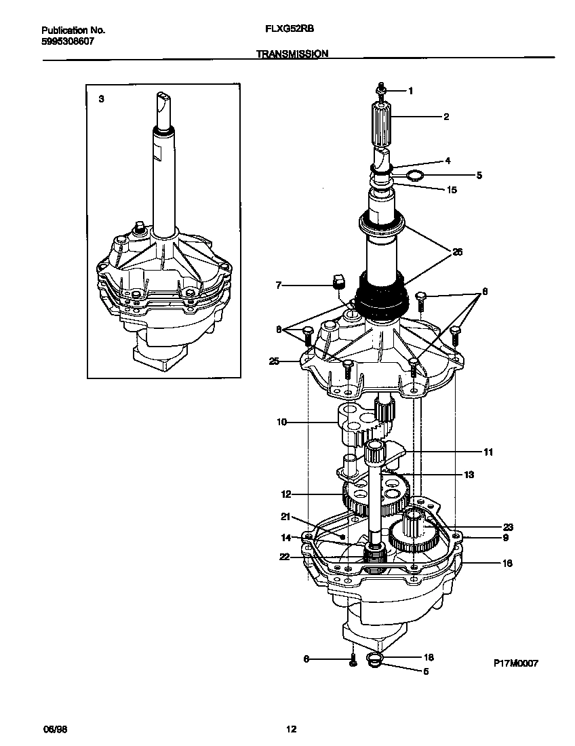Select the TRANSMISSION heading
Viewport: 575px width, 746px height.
tap(292, 53)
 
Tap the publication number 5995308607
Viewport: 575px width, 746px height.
tap(68, 41)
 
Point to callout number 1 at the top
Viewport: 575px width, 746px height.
tap(410, 90)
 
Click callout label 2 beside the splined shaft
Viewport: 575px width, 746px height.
tap(445, 117)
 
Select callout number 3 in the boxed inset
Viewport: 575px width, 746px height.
tap(101, 99)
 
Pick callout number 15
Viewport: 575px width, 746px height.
tap(452, 190)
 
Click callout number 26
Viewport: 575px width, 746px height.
tap(458, 252)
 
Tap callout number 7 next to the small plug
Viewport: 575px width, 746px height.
tap(279, 286)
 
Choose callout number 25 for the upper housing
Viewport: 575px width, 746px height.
tap(275, 361)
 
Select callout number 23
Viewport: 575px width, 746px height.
tap(508, 526)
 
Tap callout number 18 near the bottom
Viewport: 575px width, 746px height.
tap(428, 657)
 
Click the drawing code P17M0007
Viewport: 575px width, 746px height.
tap(515, 664)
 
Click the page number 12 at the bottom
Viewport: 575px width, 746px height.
tap(291, 730)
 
